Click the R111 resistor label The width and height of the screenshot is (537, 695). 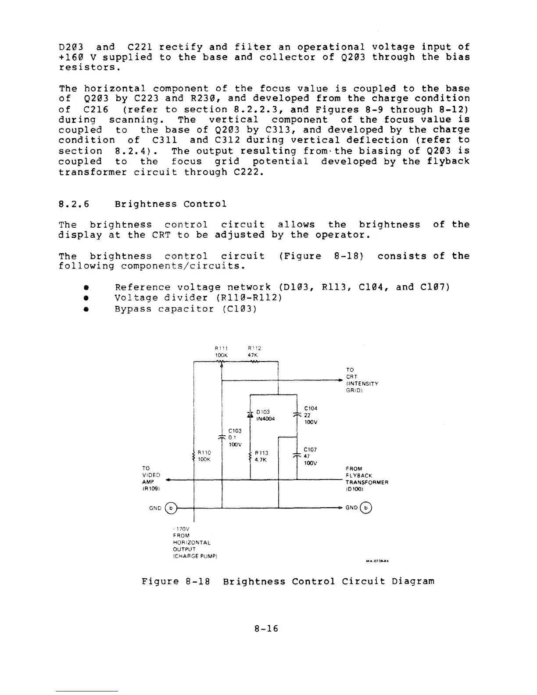click(x=220, y=348)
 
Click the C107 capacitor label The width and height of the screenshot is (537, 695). click(x=310, y=450)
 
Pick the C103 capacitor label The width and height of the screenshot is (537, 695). click(x=235, y=431)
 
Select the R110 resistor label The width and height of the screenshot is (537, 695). click(x=204, y=452)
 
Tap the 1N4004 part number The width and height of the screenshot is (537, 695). click(x=266, y=419)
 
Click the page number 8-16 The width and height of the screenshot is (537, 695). click(x=266, y=629)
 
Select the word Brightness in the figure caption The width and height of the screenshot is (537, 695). click(x=251, y=582)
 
